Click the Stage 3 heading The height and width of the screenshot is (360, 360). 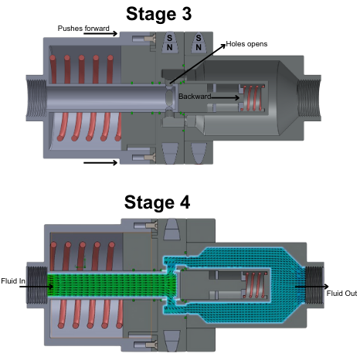coord(158,14)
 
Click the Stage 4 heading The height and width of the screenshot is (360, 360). coord(157,202)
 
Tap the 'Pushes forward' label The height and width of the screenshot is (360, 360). coord(83,29)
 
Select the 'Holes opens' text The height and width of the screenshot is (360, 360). coord(246,44)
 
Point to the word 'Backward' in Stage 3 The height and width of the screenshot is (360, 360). coord(195,97)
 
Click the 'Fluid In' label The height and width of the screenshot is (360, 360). coord(13,280)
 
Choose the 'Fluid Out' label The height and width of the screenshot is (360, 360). coord(341,294)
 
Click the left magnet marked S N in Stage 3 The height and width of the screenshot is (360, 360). coord(170,42)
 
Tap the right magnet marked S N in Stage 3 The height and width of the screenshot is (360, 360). coord(199,42)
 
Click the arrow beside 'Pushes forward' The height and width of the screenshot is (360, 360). coord(100,33)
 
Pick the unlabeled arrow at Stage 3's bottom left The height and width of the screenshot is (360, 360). coord(100,163)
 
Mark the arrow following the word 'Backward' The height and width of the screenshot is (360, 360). coord(226,97)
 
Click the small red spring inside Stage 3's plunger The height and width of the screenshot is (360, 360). coord(253,98)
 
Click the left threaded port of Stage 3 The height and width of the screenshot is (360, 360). coord(36,98)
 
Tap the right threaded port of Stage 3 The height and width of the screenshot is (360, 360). coord(309,98)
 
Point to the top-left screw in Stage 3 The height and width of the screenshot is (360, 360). coord(144,39)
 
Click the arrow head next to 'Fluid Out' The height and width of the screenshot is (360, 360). coord(327,287)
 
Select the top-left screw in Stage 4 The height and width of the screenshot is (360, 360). coord(146,226)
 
